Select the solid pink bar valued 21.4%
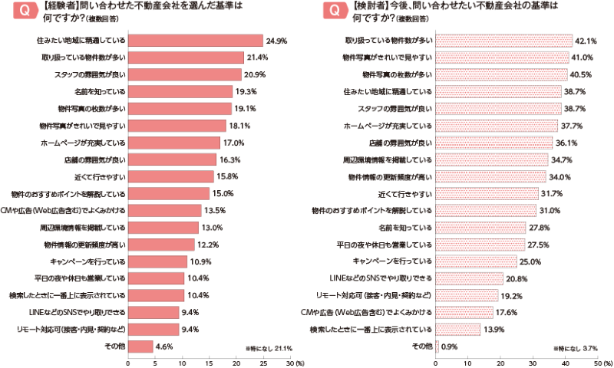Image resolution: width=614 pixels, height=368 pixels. [186, 57]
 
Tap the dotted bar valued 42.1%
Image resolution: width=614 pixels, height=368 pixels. [503, 40]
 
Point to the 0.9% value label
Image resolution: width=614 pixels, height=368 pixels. [451, 346]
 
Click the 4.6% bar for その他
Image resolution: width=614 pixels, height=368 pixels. [140, 346]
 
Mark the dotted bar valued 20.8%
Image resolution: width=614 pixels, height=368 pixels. [469, 278]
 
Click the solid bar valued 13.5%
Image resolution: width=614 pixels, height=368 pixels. [164, 210]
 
